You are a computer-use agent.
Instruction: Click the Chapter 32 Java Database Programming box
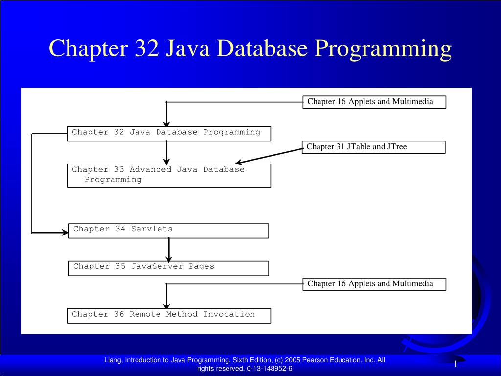(168, 133)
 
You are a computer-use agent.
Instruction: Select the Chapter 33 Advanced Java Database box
(168, 175)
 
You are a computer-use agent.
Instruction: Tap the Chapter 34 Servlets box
(168, 231)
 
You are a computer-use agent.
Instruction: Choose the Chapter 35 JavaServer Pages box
(168, 268)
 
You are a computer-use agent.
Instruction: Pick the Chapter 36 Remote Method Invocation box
(168, 315)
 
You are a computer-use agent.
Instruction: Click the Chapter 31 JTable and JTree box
(374, 147)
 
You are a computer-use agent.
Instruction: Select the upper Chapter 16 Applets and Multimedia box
(374, 102)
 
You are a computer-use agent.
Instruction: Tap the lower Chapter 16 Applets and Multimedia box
(374, 284)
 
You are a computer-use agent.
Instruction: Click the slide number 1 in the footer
(455, 364)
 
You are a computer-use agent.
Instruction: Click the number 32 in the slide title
(144, 49)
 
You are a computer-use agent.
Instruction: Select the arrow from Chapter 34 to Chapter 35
(169, 250)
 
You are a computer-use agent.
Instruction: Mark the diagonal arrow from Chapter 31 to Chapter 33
(269, 156)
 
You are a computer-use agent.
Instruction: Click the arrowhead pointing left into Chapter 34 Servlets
(64, 232)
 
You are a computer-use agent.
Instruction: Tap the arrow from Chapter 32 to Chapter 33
(166, 153)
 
